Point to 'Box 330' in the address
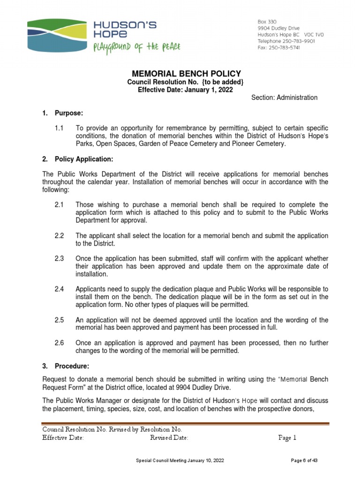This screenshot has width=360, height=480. [268, 22]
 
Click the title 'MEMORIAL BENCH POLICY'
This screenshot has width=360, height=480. [180, 74]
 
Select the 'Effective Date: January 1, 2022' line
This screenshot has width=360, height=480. [180, 90]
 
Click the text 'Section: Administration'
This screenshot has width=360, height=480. [284, 97]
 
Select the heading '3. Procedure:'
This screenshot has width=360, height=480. [66, 366]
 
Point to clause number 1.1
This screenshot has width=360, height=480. [60, 128]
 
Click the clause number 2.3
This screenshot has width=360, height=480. [60, 259]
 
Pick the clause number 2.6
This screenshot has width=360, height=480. [60, 343]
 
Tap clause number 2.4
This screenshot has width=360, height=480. [60, 289]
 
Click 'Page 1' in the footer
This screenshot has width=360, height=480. [287, 438]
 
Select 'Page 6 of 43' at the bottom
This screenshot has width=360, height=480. [304, 461]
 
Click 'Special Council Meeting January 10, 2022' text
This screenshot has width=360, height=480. [180, 461]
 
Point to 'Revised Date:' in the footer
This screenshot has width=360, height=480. [169, 438]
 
